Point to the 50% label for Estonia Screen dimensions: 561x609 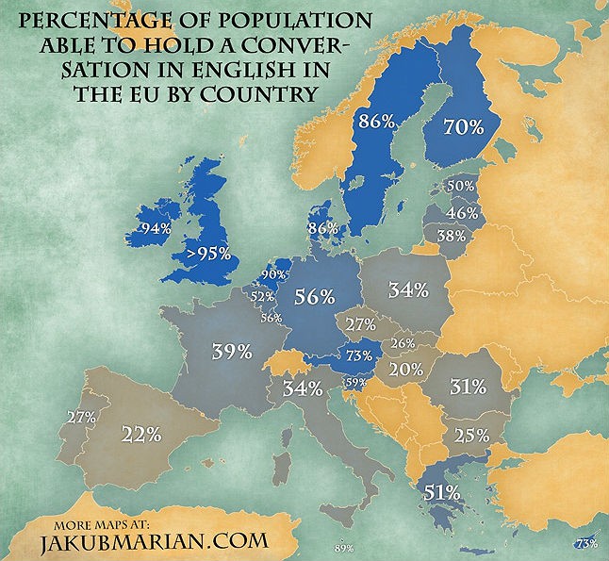click(x=461, y=188)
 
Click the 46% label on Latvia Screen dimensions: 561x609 click(x=462, y=213)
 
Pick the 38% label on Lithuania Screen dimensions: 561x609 click(x=452, y=237)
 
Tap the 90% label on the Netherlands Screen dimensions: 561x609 click(x=273, y=274)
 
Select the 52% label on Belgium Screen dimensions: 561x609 click(x=261, y=296)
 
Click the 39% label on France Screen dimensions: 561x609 click(x=231, y=352)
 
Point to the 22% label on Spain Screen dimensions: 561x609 click(x=141, y=434)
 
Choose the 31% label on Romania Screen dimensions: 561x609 click(x=468, y=386)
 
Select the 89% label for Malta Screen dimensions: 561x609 click(x=343, y=549)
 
